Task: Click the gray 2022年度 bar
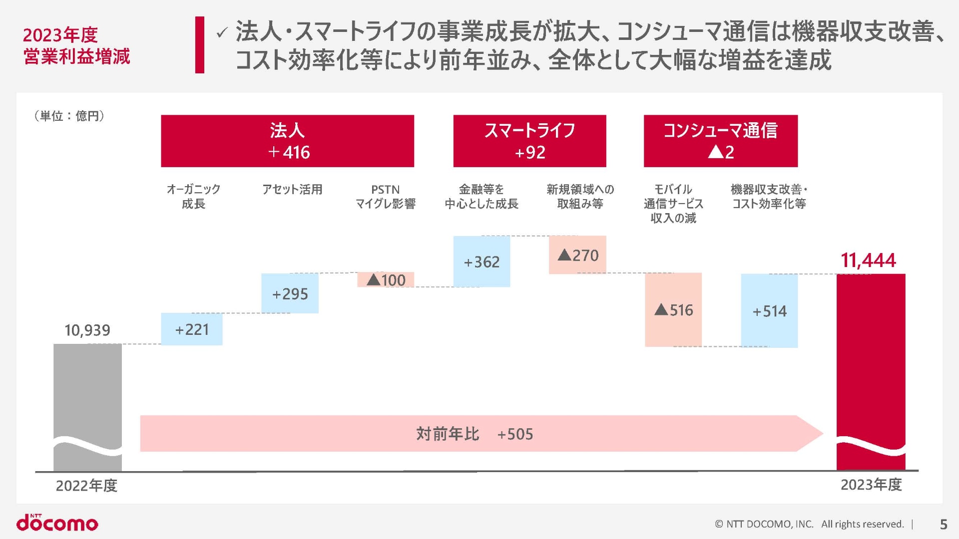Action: coord(87,389)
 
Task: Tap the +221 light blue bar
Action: coord(191,329)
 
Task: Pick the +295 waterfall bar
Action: coord(290,293)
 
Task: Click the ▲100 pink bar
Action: coord(386,280)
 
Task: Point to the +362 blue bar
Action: coord(481,262)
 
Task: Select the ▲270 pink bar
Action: coord(577,255)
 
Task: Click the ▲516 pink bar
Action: coord(673,310)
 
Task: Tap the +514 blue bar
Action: coord(769,311)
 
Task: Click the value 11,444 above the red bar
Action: coord(868,261)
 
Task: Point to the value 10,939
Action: coord(87,330)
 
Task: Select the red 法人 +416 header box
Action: coord(287,141)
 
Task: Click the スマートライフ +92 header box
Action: coord(529,141)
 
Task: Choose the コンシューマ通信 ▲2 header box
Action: coord(720,141)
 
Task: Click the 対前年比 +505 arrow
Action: coord(475,434)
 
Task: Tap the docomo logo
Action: coord(57,523)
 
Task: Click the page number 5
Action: coord(944,524)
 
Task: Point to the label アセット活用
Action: coord(292,190)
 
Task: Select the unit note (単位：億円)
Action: coord(69,116)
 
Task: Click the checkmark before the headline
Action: coord(222,33)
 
